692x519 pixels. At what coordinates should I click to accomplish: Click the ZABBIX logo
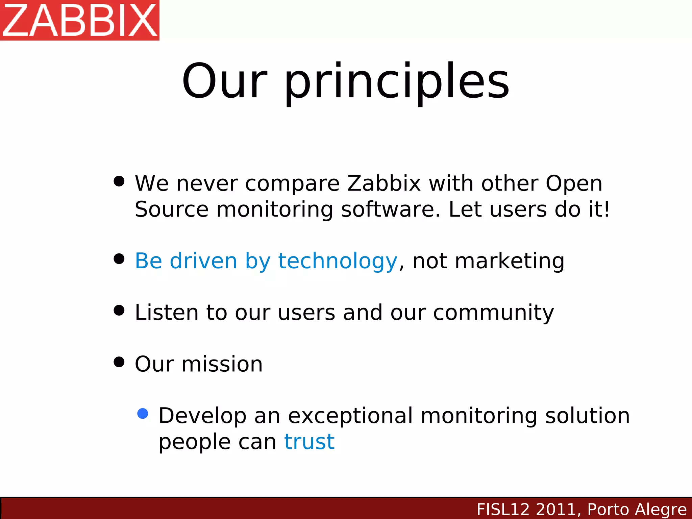point(80,20)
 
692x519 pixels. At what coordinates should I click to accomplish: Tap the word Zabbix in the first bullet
point(384,183)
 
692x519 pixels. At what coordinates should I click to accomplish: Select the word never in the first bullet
point(207,183)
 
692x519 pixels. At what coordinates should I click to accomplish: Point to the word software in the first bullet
point(391,209)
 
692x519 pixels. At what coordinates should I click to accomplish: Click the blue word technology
point(337,261)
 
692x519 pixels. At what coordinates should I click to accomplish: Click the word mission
point(222,364)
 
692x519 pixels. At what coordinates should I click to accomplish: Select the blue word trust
point(309,442)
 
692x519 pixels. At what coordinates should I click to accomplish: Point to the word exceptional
point(350,416)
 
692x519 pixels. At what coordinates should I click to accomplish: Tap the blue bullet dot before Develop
point(143,414)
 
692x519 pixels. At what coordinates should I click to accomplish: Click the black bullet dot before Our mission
point(119,362)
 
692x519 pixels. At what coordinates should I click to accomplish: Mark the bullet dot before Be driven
point(119,259)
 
